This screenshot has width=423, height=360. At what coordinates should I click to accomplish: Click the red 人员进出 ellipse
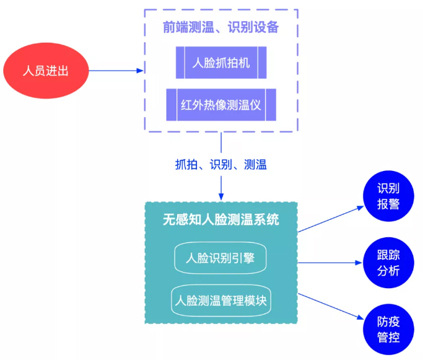(x=45, y=71)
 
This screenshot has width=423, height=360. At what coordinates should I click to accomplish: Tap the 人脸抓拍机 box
(x=221, y=63)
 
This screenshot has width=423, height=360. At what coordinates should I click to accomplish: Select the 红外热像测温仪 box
(x=221, y=105)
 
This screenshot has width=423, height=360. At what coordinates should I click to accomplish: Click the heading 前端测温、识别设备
(x=221, y=27)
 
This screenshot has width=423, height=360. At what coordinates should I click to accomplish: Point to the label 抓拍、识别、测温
(x=220, y=165)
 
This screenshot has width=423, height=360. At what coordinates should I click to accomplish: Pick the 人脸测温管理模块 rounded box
(x=221, y=301)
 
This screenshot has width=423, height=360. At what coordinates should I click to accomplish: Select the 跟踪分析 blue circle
(x=388, y=263)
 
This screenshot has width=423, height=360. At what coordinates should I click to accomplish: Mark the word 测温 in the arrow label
(x=255, y=165)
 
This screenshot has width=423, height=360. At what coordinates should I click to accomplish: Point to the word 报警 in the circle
(x=388, y=204)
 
